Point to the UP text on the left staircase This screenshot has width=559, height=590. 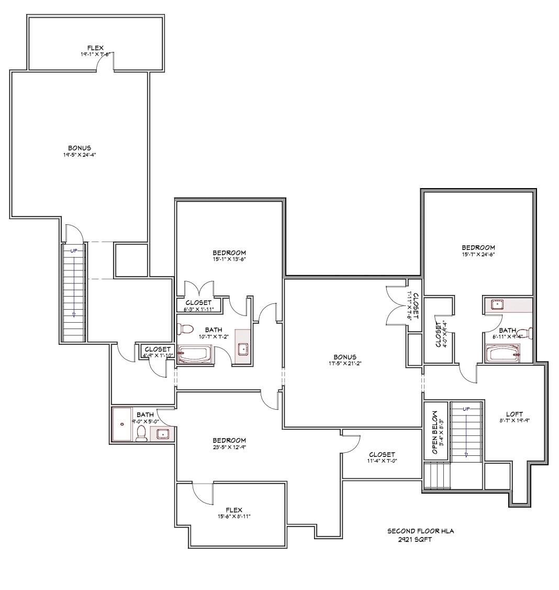click(x=74, y=250)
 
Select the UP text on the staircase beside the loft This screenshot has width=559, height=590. click(x=466, y=409)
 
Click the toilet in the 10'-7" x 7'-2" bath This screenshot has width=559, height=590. click(x=185, y=329)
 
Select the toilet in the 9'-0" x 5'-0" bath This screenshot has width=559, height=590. click(x=141, y=433)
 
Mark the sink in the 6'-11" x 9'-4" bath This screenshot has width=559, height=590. click(x=497, y=304)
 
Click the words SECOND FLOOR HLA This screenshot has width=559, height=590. click(x=420, y=531)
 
